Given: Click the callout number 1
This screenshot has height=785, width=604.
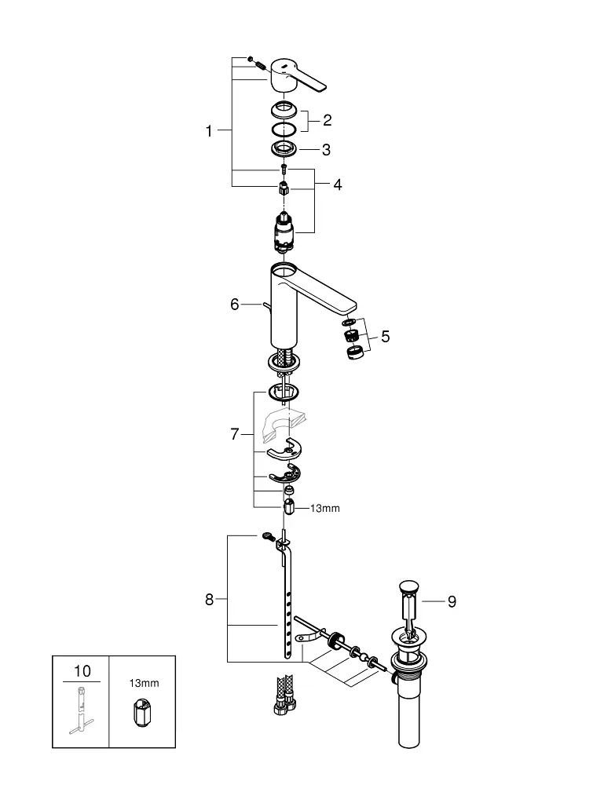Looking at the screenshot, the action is click(209, 131).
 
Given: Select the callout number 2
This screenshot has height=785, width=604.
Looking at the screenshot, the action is click(327, 120).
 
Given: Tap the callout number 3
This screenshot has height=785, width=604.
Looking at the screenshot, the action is click(327, 150).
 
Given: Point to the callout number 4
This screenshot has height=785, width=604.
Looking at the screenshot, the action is click(338, 184).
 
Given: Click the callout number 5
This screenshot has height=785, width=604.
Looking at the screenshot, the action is click(385, 337).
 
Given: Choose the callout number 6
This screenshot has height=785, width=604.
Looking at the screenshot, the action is click(234, 305).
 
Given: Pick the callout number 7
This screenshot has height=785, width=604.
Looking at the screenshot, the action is click(234, 434).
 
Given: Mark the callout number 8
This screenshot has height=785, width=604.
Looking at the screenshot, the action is click(210, 599).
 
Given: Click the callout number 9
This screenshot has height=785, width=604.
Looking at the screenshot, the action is click(452, 601).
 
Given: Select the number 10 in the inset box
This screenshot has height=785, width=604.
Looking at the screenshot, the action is click(82, 671).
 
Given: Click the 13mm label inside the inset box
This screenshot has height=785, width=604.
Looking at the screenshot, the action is click(145, 683).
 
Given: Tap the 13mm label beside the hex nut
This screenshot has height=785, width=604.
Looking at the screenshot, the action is click(325, 508).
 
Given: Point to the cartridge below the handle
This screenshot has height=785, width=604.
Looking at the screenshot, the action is click(284, 231).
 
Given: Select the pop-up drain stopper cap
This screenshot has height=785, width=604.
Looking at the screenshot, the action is click(409, 586).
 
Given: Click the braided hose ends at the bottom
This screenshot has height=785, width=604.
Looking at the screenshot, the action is click(284, 695).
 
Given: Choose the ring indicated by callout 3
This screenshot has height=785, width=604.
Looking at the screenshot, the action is click(284, 148).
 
